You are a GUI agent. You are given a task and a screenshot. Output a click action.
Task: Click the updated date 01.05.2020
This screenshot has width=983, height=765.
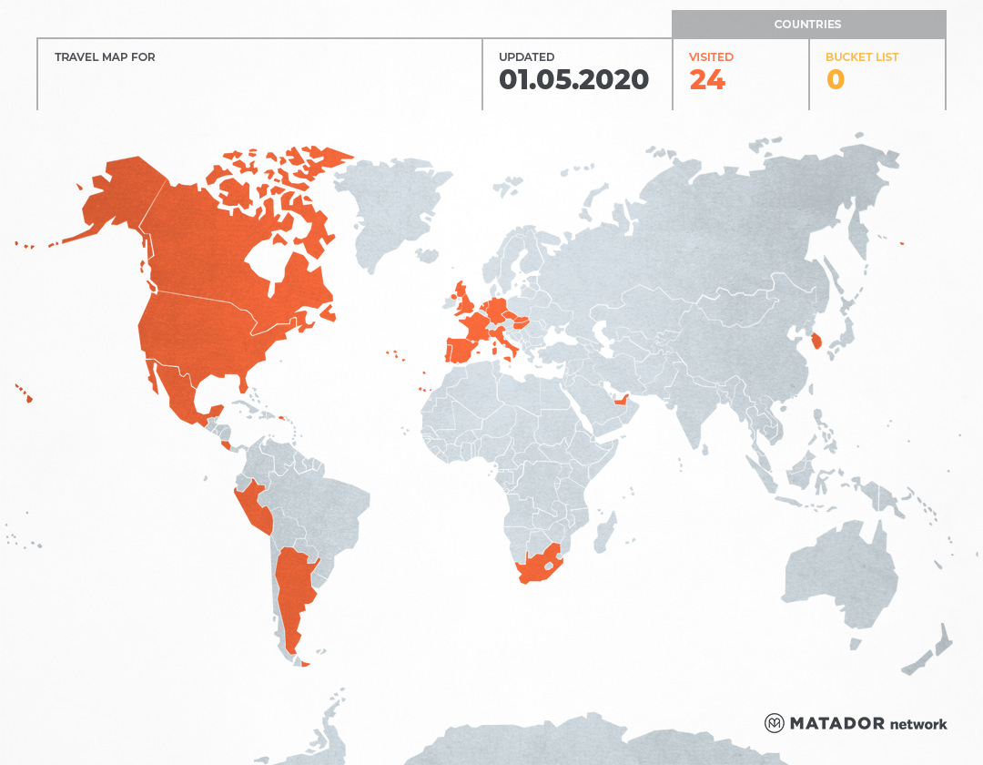click(x=573, y=80)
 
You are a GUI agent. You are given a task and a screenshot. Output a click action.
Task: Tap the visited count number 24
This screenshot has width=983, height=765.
click(x=707, y=80)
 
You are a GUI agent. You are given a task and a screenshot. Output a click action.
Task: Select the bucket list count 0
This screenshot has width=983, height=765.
click(x=836, y=80)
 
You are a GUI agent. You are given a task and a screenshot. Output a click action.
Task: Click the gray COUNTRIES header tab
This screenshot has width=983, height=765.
click(x=807, y=25)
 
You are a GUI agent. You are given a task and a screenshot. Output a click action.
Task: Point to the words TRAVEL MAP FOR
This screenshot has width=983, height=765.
click(x=105, y=57)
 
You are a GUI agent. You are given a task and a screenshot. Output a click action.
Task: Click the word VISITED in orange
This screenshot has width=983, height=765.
click(x=711, y=57)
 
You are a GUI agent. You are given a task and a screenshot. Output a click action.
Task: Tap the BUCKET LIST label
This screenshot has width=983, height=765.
click(x=861, y=57)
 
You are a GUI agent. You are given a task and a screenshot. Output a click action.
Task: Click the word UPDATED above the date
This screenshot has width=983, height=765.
click(x=526, y=57)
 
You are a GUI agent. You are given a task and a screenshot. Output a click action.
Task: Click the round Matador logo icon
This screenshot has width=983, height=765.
click(x=775, y=723)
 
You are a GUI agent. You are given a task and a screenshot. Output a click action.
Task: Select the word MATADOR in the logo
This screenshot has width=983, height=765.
click(x=836, y=723)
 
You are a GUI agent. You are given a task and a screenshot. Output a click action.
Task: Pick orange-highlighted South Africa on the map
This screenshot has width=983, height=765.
click(x=537, y=572)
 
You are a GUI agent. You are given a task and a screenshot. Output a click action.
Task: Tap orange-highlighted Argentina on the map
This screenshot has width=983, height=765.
click(x=293, y=592)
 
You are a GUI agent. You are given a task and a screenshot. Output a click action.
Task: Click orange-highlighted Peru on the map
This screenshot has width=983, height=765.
click(x=251, y=506)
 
